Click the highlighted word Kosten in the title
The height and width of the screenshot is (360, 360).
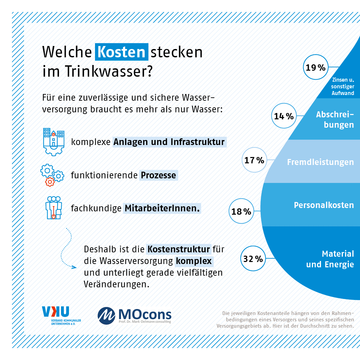[122, 52]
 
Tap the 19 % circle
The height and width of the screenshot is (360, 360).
[316, 68]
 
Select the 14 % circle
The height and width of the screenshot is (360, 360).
[284, 116]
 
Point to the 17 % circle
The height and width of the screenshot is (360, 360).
[254, 160]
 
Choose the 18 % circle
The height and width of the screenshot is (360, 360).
[241, 211]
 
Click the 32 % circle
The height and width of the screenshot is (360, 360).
[253, 258]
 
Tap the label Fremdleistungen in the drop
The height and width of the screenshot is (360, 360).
[320, 162]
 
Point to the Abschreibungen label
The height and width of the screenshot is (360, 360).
[335, 119]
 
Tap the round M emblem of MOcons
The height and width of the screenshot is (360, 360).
[106, 315]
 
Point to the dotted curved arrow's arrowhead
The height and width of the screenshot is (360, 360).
[75, 267]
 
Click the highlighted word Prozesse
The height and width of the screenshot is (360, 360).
[158, 175]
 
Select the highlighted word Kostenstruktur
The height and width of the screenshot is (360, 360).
[179, 249]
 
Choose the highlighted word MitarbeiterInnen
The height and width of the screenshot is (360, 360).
[162, 208]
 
